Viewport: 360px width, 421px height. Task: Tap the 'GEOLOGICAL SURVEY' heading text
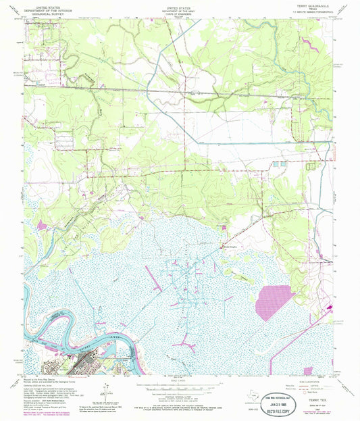[43, 11]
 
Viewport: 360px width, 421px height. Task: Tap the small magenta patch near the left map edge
[42, 225]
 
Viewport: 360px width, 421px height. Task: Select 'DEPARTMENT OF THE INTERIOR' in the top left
[43, 7]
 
